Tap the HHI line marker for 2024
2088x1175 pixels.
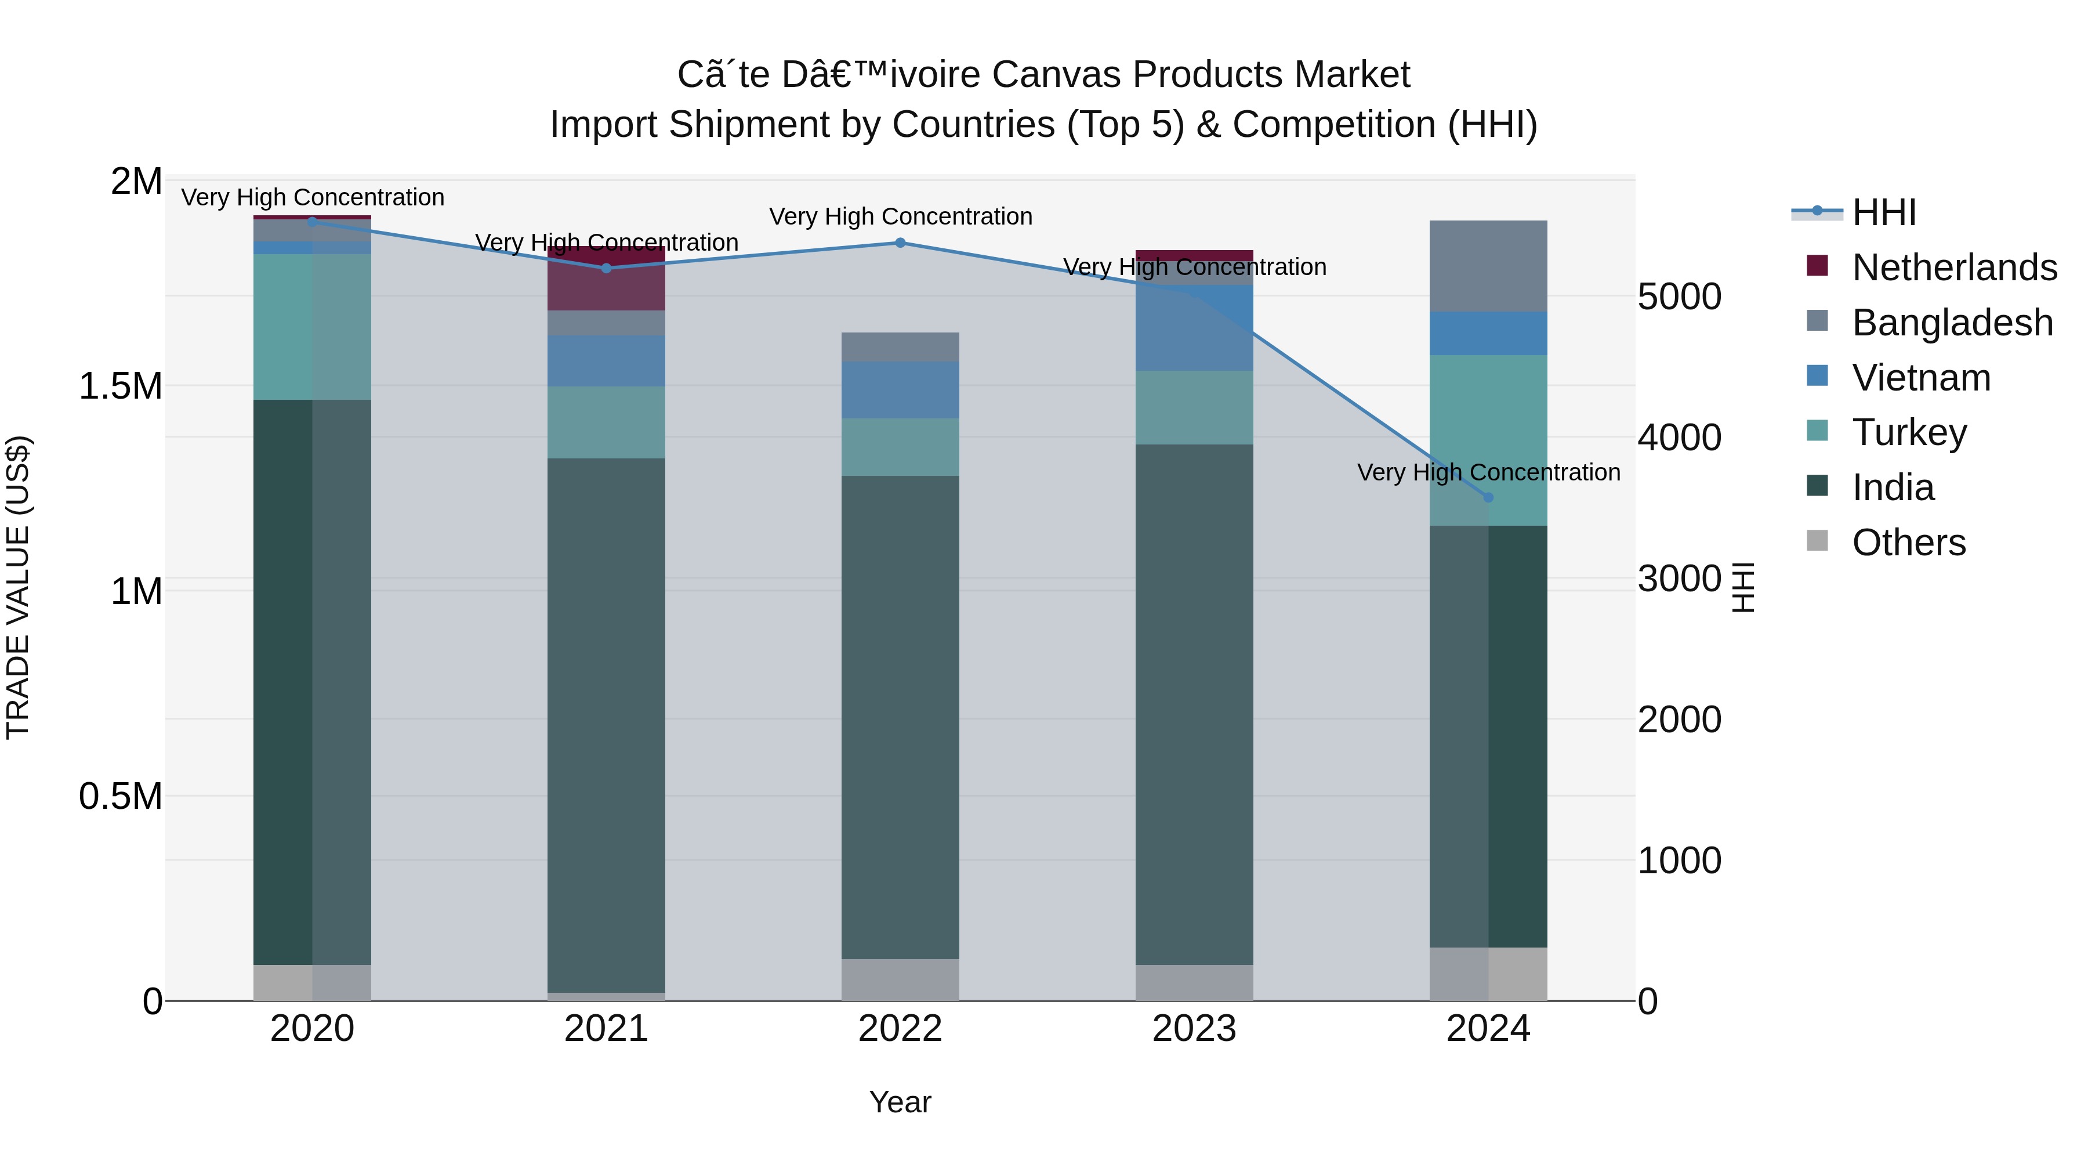pos(1488,497)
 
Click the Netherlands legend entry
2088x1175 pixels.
pos(1953,267)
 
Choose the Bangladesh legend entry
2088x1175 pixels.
pos(1952,323)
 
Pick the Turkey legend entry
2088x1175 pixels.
pos(1909,432)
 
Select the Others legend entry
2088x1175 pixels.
pos(1909,543)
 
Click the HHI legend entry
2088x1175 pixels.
pos(1884,212)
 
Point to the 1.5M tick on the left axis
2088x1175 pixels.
pos(120,386)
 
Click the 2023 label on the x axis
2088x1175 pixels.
pos(1194,1029)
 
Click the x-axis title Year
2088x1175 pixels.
pos(900,1102)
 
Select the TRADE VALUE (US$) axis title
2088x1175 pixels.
pos(18,587)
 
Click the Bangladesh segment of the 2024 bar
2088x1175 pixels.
pos(1488,266)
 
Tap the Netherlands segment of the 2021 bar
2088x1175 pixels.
pos(606,278)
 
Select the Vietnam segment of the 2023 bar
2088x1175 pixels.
pos(1194,328)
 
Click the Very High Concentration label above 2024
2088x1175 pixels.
pos(1488,472)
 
